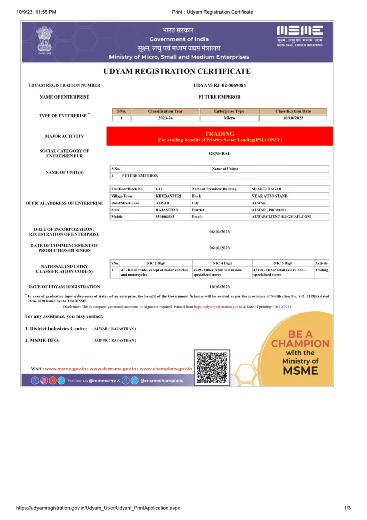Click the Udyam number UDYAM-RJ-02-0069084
click(219, 85)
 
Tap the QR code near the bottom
click(211, 367)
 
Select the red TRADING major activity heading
click(219, 134)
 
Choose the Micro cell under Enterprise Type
click(229, 118)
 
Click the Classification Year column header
click(165, 111)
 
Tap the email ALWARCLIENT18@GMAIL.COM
click(281, 217)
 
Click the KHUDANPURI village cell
click(167, 196)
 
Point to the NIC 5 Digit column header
click(283, 263)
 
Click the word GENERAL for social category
click(219, 153)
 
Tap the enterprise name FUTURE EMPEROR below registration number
click(219, 96)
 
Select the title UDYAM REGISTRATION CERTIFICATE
click(177, 71)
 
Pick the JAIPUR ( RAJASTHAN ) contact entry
click(115, 340)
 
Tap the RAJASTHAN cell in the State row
click(167, 210)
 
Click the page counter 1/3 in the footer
click(347, 508)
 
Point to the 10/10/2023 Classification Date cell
click(293, 118)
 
